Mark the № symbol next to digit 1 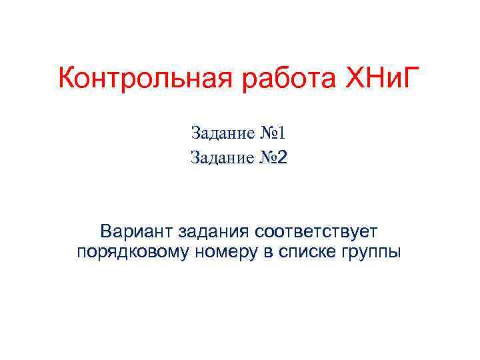(x=268, y=133)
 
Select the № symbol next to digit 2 (x=268, y=158)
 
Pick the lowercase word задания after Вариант (x=212, y=233)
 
